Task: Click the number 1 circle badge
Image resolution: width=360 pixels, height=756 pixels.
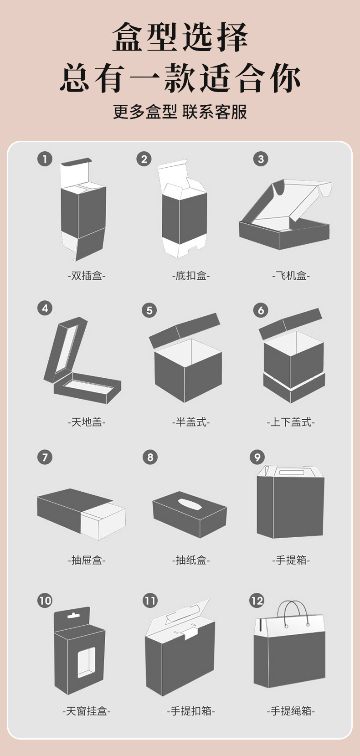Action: (x=45, y=159)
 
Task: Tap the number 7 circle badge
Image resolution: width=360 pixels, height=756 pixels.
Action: (x=45, y=458)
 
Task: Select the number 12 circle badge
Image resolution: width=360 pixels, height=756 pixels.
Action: (x=257, y=601)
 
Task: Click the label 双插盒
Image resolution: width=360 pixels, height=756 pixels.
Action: (x=87, y=276)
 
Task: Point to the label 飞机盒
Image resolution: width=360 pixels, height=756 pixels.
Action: (x=291, y=276)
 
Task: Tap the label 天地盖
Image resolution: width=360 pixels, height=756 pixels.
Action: (x=87, y=422)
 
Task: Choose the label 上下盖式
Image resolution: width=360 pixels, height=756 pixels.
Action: (x=291, y=422)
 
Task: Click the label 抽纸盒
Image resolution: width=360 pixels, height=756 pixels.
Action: (x=191, y=560)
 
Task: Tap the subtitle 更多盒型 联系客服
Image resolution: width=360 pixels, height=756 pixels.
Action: (x=180, y=112)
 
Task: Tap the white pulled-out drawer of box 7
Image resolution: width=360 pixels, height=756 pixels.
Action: (x=103, y=521)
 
